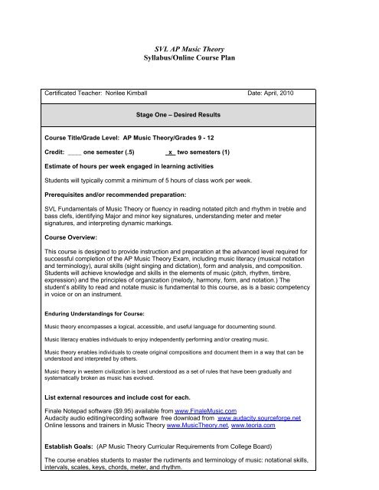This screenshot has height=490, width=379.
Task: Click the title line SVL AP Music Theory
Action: [x=189, y=47]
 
